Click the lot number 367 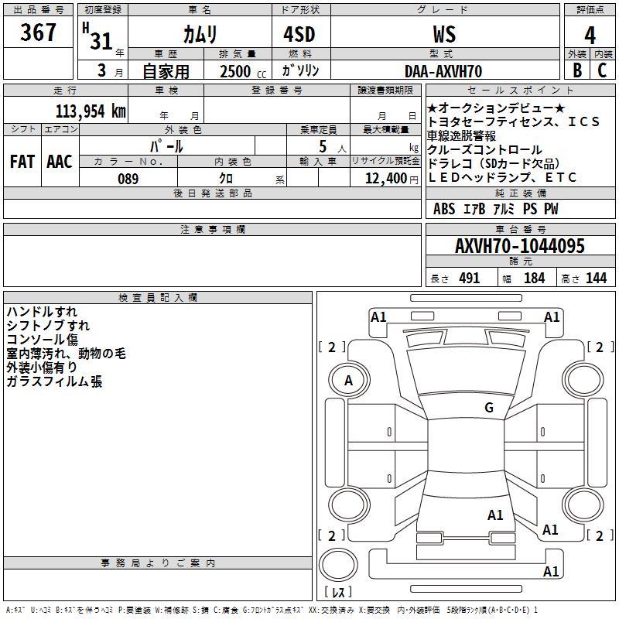pos(39,32)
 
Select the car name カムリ pos(200,34)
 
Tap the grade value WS pos(444,34)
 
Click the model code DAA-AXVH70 pos(443,71)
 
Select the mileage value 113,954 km pos(91,111)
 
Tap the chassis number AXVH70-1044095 pos(519,247)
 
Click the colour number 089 pos(128,179)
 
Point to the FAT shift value pos(22,162)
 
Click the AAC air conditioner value pos(60,162)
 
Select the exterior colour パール pos(166,145)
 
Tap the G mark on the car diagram pos(489,408)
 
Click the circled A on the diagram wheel pos(348,380)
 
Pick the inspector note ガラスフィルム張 pos(54,381)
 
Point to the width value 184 pos(534,279)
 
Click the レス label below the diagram pos(338,593)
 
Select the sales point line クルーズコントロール pos(484,149)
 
